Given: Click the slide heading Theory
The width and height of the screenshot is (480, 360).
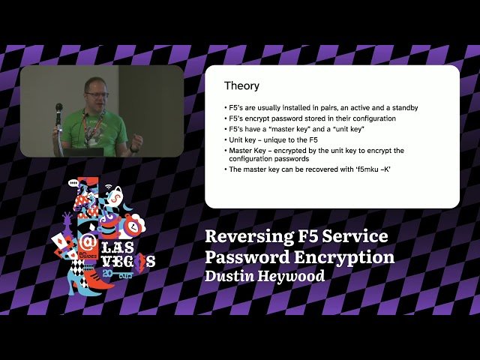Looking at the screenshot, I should coord(241,85).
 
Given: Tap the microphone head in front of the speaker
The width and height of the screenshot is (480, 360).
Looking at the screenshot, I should coord(59,108).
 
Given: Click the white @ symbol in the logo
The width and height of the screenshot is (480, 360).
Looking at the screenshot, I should coord(88,242).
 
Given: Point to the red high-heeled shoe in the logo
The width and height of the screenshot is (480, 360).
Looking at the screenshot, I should coord(97,281).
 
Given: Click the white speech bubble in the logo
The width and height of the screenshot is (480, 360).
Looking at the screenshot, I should coord(73,182).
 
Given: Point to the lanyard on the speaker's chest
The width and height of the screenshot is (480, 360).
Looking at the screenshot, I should coord(92,127).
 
